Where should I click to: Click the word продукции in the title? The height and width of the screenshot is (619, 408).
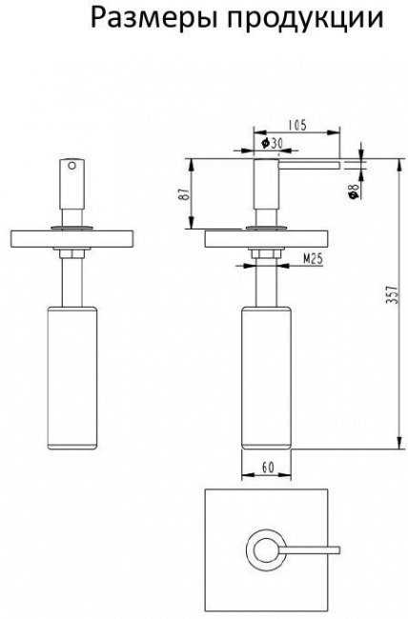click(x=305, y=19)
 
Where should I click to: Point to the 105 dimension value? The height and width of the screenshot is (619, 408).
click(x=296, y=125)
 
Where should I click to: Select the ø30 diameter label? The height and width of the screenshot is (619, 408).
click(x=272, y=143)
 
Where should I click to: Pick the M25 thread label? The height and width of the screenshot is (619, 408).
click(x=313, y=259)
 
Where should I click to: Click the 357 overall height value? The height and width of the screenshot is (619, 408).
click(x=391, y=294)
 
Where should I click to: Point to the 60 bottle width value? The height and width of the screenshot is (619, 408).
click(x=268, y=468)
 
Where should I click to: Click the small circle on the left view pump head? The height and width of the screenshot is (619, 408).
click(x=71, y=166)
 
